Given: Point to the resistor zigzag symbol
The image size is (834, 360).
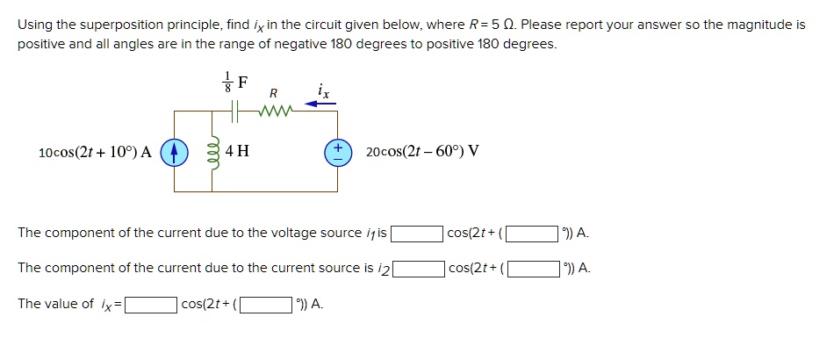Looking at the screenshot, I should tap(273, 111).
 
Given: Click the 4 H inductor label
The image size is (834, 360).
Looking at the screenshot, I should tap(237, 151).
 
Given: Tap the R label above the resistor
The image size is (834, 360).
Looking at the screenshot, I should tap(273, 92).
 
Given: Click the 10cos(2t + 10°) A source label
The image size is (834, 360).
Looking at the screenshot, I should tap(96, 152).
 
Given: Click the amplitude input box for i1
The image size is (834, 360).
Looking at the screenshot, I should tap(417, 234).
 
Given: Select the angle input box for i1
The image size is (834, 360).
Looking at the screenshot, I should tap(533, 234).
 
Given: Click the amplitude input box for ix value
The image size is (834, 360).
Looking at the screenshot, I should tap(150, 305).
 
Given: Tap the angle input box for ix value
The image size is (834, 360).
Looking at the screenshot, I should tap(267, 305).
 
